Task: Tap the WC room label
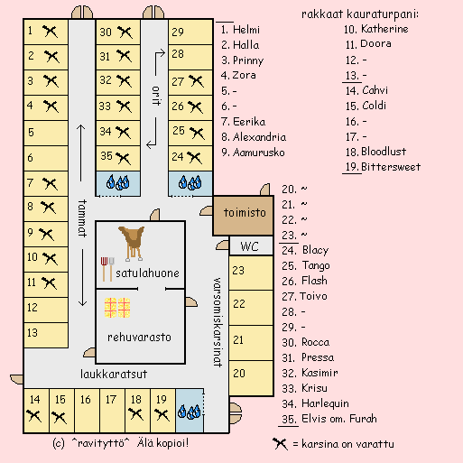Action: click(x=249, y=246)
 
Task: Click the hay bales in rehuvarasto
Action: click(x=117, y=308)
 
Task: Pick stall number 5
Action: click(x=46, y=133)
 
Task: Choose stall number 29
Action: click(x=190, y=32)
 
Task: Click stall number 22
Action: click(x=251, y=308)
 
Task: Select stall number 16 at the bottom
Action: click(x=87, y=411)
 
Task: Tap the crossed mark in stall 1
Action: click(x=50, y=32)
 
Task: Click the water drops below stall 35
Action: click(x=117, y=182)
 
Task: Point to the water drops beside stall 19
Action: click(x=190, y=412)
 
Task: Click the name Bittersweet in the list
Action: click(x=391, y=167)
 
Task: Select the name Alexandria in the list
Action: click(x=259, y=137)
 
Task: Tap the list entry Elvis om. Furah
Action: click(x=339, y=419)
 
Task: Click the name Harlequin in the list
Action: click(x=325, y=403)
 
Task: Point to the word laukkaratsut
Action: click(x=114, y=374)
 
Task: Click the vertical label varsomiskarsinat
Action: click(x=218, y=322)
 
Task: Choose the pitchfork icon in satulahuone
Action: click(x=104, y=269)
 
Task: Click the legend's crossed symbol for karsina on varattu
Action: click(x=280, y=444)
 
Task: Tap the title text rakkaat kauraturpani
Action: click(x=360, y=14)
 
